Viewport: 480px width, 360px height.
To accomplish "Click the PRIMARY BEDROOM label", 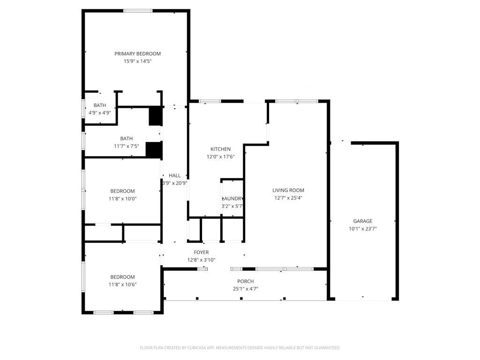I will click(x=137, y=54).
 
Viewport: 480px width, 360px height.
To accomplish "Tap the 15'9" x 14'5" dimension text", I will click(x=137, y=61).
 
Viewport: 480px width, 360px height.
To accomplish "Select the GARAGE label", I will click(x=362, y=221).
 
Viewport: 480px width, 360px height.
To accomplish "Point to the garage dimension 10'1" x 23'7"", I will click(x=362, y=229).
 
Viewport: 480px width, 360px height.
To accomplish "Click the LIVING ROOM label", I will click(x=288, y=190).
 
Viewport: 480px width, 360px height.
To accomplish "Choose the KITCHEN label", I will click(x=220, y=149).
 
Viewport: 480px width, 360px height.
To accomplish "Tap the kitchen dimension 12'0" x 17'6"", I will click(x=220, y=157).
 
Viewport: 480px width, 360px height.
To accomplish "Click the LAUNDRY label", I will click(x=232, y=199).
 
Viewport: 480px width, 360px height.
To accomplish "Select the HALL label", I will click(x=174, y=176).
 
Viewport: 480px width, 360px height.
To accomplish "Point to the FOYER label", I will click(x=201, y=252).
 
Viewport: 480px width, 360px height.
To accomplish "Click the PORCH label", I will click(x=245, y=281).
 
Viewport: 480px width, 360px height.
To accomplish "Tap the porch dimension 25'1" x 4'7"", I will click(x=245, y=289).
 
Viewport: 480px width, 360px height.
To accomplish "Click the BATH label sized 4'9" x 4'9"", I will click(x=99, y=105).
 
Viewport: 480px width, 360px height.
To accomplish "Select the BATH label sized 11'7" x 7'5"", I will click(x=126, y=139).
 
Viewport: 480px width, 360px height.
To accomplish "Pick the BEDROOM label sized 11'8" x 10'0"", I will click(x=122, y=191).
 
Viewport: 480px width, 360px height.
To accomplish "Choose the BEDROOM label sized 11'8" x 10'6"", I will click(x=122, y=277).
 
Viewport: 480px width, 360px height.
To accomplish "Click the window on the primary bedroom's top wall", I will click(x=138, y=11).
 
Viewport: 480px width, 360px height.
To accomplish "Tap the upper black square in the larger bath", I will click(x=155, y=117).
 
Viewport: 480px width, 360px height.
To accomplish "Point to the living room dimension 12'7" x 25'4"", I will click(x=288, y=198).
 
